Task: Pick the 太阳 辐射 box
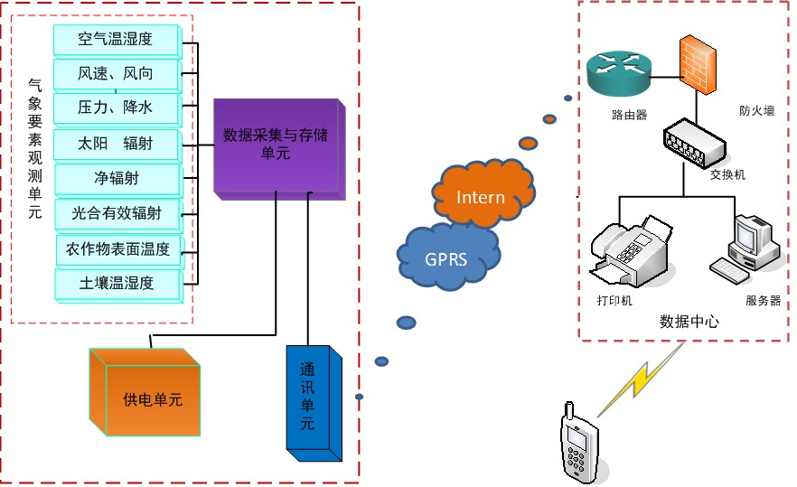pyautogui.click(x=120, y=144)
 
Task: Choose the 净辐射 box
pyautogui.click(x=120, y=178)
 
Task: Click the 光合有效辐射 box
pyautogui.click(x=120, y=213)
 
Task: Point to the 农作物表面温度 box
pyautogui.click(x=120, y=248)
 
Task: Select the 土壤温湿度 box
pyautogui.click(x=120, y=284)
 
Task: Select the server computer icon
pyautogui.click(x=747, y=246)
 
